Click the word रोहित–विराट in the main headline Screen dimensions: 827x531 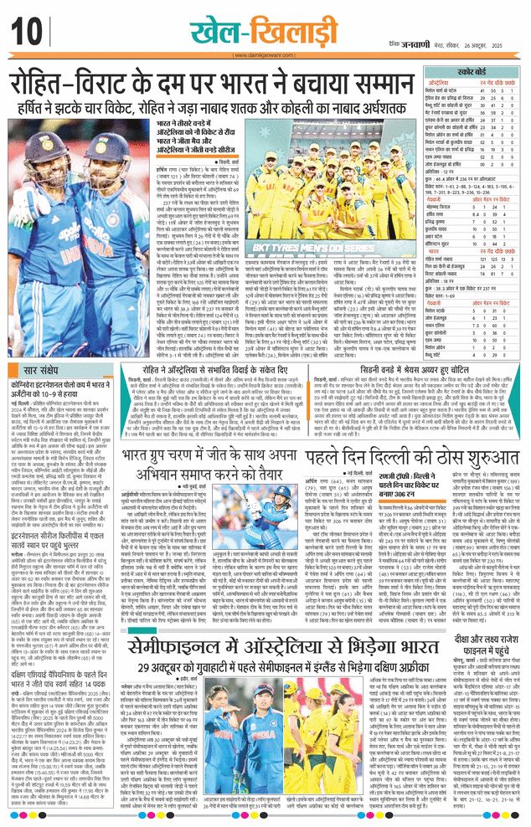84,86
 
